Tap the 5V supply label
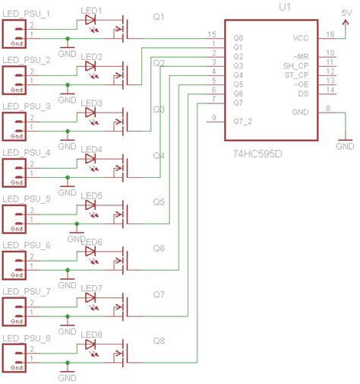click(x=346, y=13)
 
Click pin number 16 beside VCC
click(x=330, y=33)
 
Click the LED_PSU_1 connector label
click(x=27, y=14)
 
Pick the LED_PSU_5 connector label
click(x=27, y=199)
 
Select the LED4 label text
click(x=91, y=149)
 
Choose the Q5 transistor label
click(x=159, y=202)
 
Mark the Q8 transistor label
click(x=159, y=341)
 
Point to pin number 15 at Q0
click(x=212, y=34)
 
